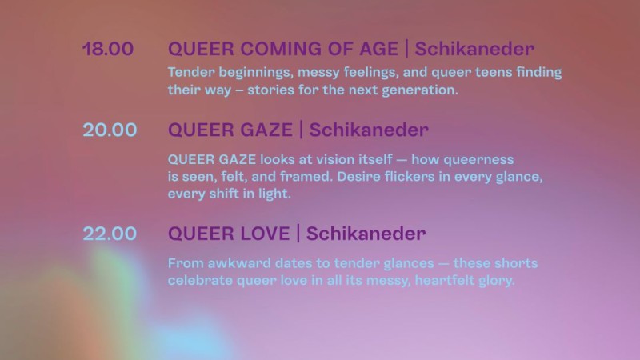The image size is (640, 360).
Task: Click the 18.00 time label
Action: tap(108, 49)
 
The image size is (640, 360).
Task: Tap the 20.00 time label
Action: tap(110, 130)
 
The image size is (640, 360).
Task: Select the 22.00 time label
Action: tap(110, 234)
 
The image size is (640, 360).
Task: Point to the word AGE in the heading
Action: tap(378, 49)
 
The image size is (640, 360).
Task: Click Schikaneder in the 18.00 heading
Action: tap(474, 49)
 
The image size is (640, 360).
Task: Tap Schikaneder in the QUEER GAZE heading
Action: tap(369, 130)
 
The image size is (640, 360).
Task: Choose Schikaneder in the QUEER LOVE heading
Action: tap(366, 234)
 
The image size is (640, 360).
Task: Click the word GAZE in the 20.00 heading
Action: tap(266, 130)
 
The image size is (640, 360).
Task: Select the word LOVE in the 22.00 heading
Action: tap(265, 234)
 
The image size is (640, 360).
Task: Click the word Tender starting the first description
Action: tap(191, 72)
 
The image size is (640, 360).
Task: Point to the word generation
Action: tap(419, 90)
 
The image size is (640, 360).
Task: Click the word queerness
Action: tap(478, 159)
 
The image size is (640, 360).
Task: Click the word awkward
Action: tap(239, 263)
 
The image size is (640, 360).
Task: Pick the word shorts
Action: tap(515, 263)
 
